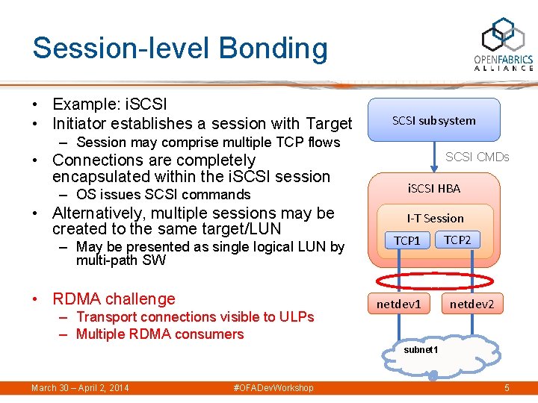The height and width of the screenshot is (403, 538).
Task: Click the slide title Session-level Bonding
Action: coord(179,48)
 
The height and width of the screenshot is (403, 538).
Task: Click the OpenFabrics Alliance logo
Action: coord(503,46)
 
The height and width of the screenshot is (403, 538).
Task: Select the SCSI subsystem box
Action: coord(434,120)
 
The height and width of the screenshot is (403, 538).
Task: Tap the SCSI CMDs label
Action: coord(477,157)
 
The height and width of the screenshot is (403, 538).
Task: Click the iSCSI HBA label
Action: coord(433,188)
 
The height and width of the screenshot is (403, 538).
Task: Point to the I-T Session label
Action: coord(435,218)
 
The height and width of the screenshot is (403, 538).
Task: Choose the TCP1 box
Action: coord(407,240)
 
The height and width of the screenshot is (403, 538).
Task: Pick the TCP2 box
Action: coord(457,240)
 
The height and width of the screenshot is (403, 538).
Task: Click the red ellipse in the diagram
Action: coord(434,281)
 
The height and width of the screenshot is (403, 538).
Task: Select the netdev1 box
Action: coord(398,304)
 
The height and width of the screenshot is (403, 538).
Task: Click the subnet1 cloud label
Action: coord(421,349)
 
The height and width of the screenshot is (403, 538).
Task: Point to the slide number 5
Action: coord(507,388)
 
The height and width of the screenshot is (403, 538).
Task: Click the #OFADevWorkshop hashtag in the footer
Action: coord(273,388)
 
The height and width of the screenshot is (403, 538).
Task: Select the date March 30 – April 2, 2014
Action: coord(80,388)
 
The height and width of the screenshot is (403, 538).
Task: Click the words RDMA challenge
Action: coord(114,299)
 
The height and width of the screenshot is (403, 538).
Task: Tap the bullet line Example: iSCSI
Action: coord(109,104)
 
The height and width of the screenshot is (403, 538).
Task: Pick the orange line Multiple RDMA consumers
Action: coord(160,334)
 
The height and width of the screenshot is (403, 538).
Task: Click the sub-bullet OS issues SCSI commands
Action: coord(163,195)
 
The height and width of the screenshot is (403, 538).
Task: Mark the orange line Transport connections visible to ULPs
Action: coord(194,316)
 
